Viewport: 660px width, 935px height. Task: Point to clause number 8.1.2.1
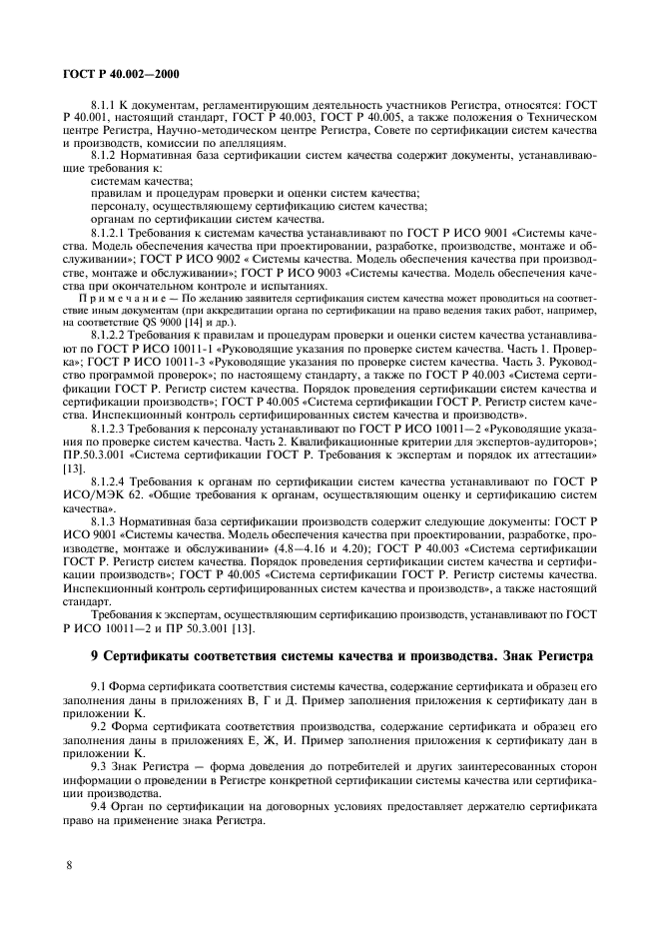(x=112, y=231)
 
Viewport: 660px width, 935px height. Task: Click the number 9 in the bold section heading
(x=97, y=656)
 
